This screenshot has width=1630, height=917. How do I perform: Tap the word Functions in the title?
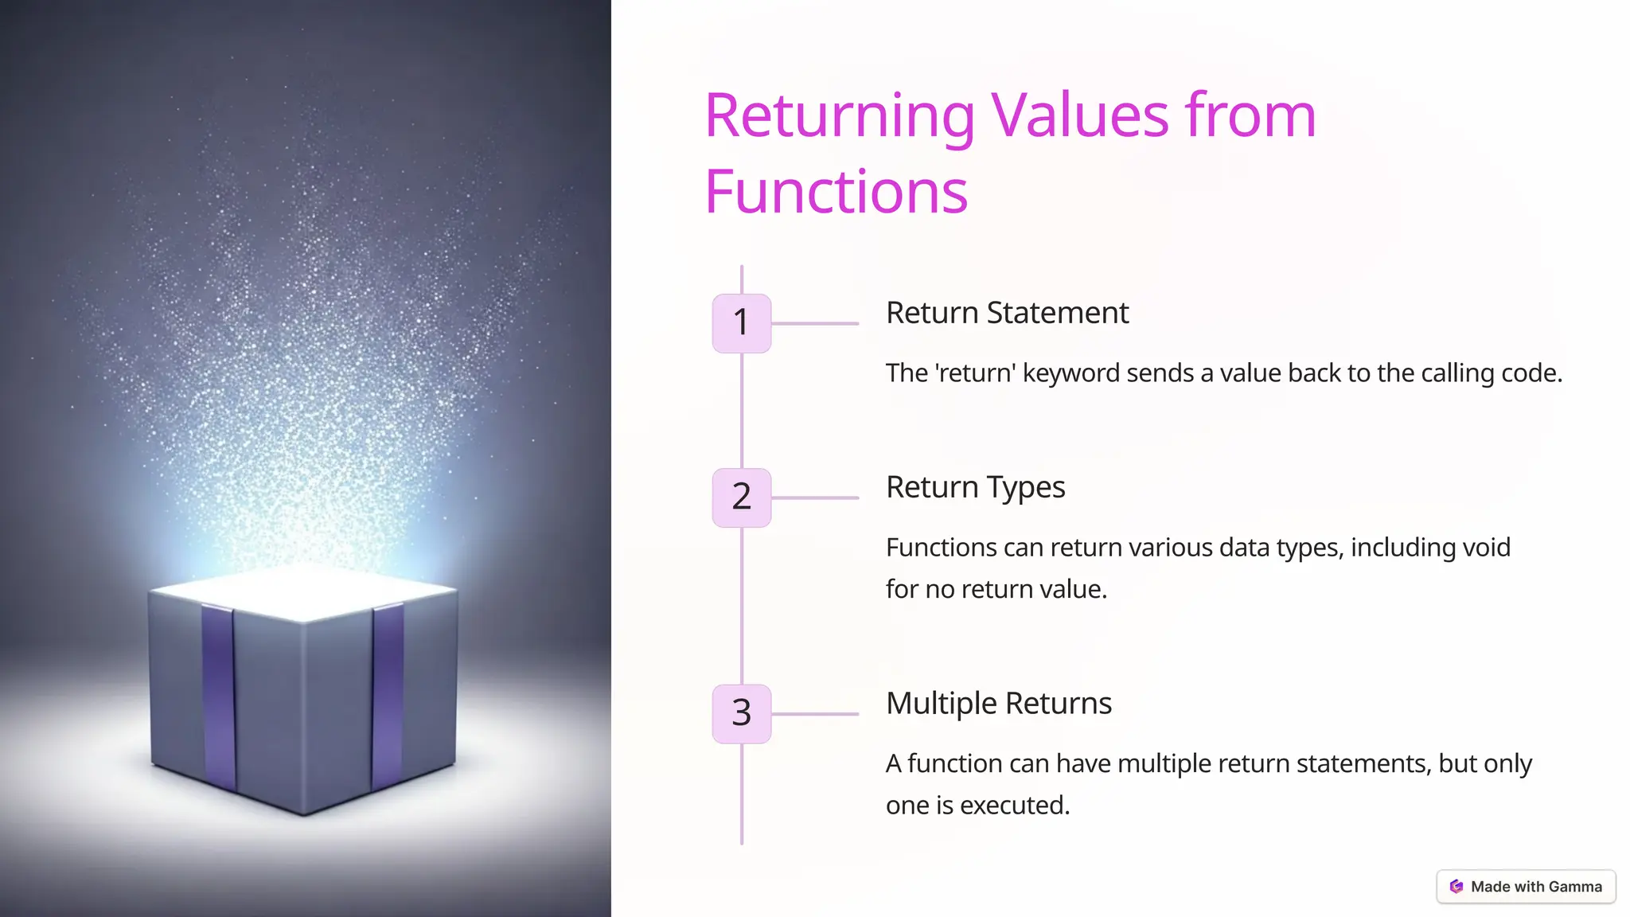[836, 193]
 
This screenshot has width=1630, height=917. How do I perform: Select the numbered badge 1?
[741, 323]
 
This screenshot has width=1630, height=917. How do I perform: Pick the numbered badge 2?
[741, 498]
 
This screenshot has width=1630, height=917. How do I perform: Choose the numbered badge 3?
[741, 713]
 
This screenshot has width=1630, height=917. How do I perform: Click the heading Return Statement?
[1007, 313]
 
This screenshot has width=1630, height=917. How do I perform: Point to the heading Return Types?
[975, 487]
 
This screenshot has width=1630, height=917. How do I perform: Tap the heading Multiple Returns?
[998, 704]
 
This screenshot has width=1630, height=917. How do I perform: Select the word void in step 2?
[1485, 548]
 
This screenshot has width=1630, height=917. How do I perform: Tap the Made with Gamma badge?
[1526, 887]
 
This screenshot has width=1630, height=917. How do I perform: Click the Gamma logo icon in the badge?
[1456, 887]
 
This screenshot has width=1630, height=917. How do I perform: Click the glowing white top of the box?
[302, 592]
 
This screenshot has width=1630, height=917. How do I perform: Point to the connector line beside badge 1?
[815, 324]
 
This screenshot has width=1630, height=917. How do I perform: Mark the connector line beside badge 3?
[815, 714]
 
